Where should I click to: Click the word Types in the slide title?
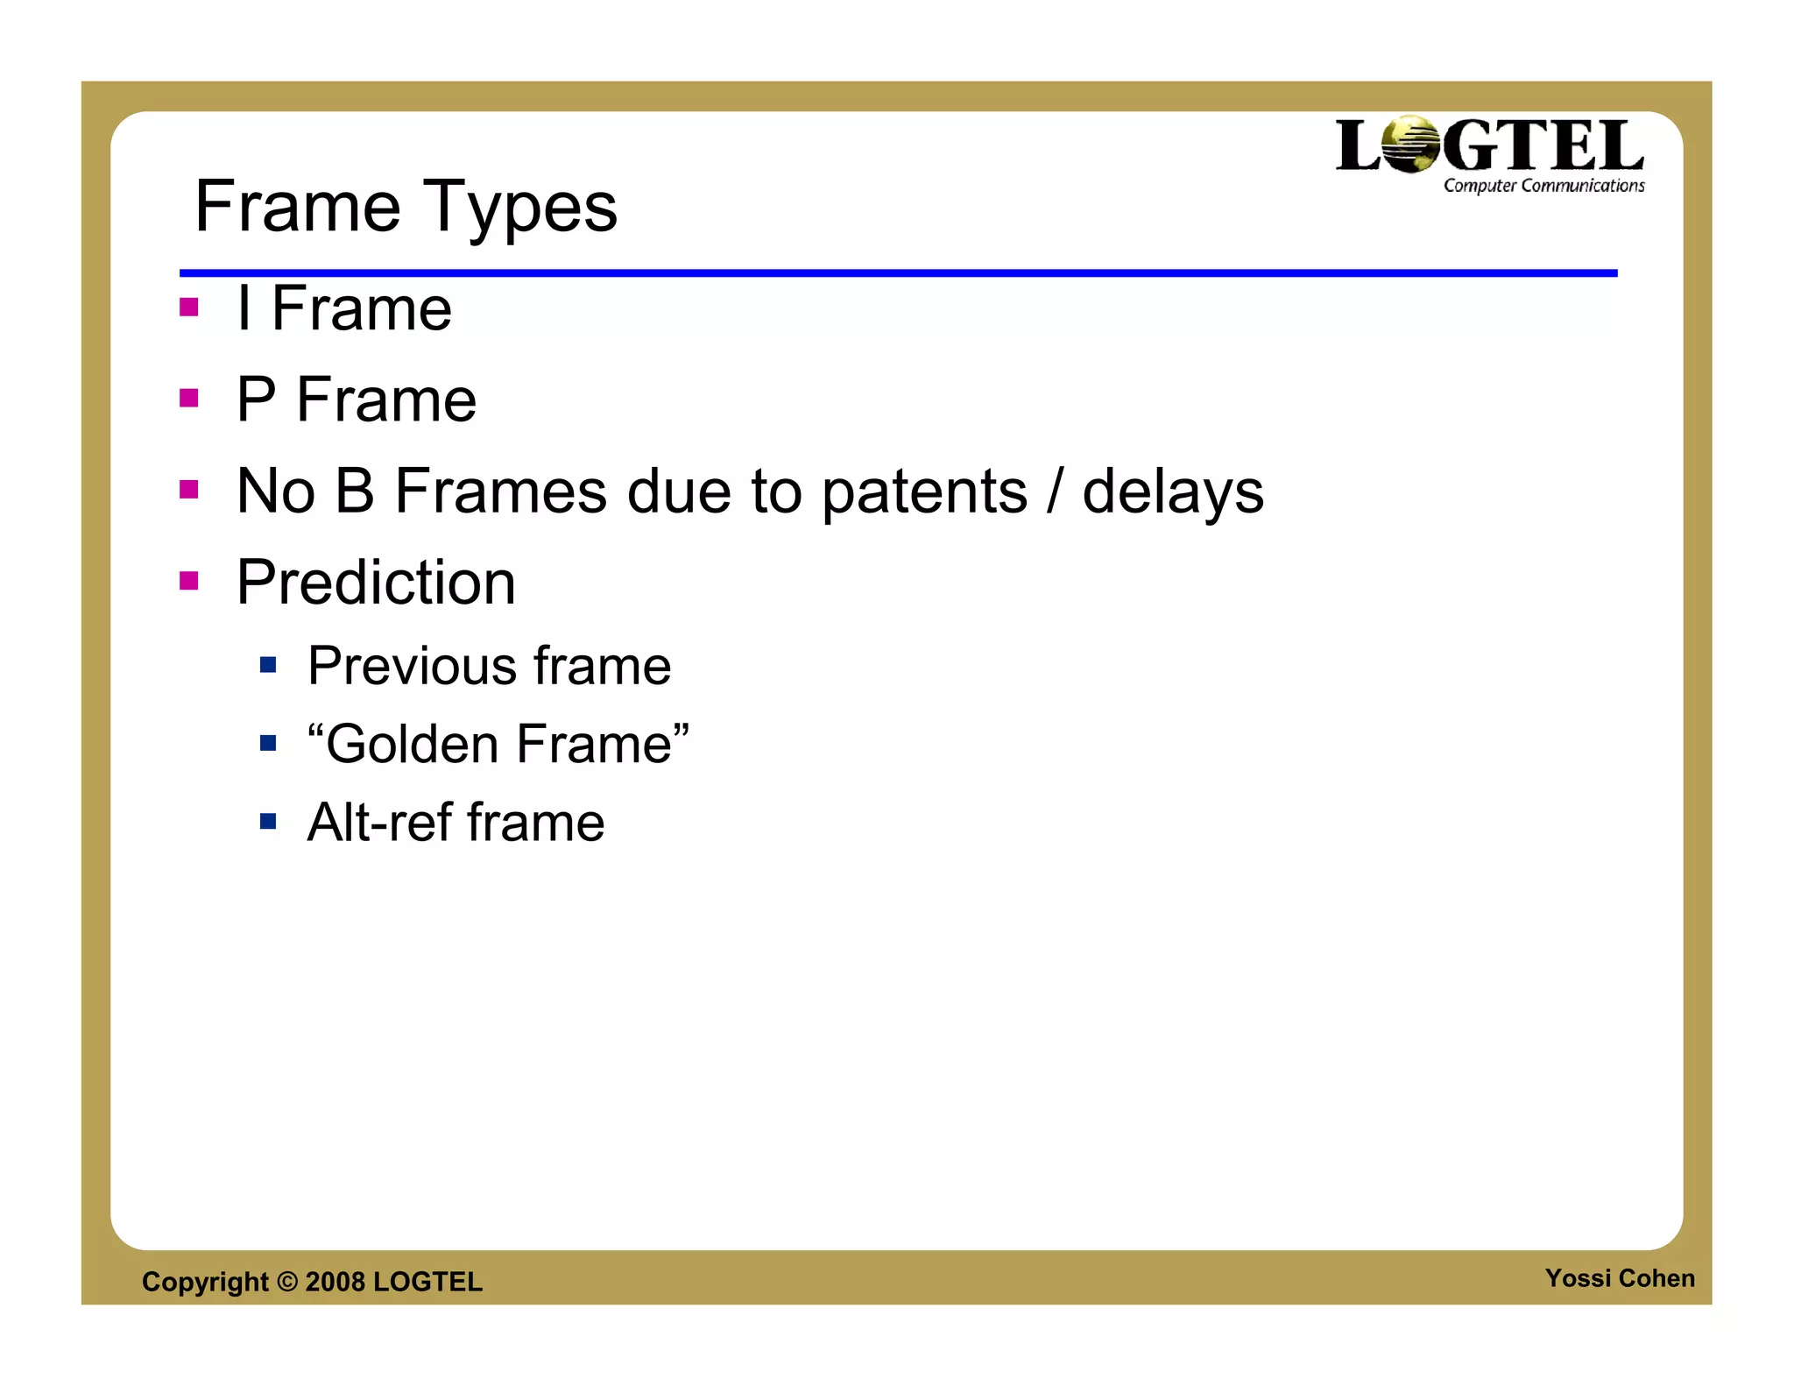pos(520,208)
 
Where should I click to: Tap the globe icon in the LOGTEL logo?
pos(1411,145)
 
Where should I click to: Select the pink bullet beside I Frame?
pos(188,308)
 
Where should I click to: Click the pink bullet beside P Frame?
pos(188,399)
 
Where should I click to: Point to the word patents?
pos(924,491)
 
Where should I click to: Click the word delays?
pos(1173,491)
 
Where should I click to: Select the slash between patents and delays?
pos(1055,491)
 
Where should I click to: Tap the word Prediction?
pos(376,583)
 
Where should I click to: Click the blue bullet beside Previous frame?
pos(268,666)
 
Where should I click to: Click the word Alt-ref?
pos(379,823)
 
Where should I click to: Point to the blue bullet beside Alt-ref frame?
pos(268,822)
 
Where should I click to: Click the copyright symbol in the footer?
pos(287,1281)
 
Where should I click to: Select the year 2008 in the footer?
pos(335,1282)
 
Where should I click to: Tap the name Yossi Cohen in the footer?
pos(1619,1278)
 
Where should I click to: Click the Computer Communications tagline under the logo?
pos(1543,186)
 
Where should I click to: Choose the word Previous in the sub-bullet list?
pos(413,667)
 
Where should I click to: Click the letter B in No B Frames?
pos(355,491)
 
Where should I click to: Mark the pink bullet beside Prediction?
pos(188,581)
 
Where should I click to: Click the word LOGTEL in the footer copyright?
pos(427,1282)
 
